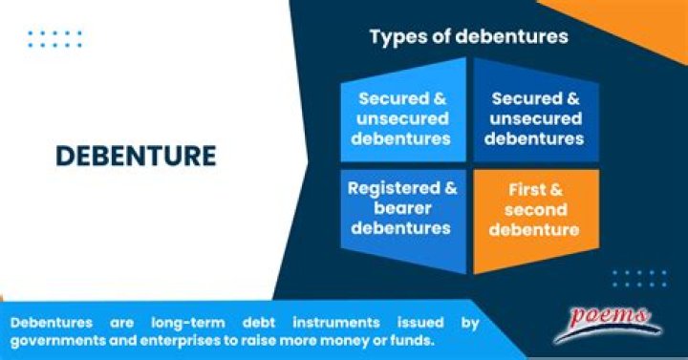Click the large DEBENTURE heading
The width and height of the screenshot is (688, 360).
pos(135,156)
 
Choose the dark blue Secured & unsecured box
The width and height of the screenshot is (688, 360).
pos(533,118)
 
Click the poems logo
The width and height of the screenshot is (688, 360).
pos(611,318)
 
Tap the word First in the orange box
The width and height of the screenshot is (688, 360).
pos(525,191)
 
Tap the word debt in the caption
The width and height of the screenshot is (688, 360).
pos(256,323)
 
